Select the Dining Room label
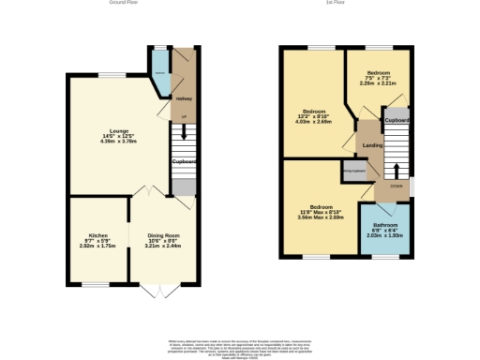pos(163,234)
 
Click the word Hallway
pos(184,97)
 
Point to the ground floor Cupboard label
pos(185,161)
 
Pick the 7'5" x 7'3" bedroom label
pos(379,72)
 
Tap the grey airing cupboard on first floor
pos(353,171)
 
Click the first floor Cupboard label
pos(397,121)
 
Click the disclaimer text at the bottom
pos(240,344)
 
